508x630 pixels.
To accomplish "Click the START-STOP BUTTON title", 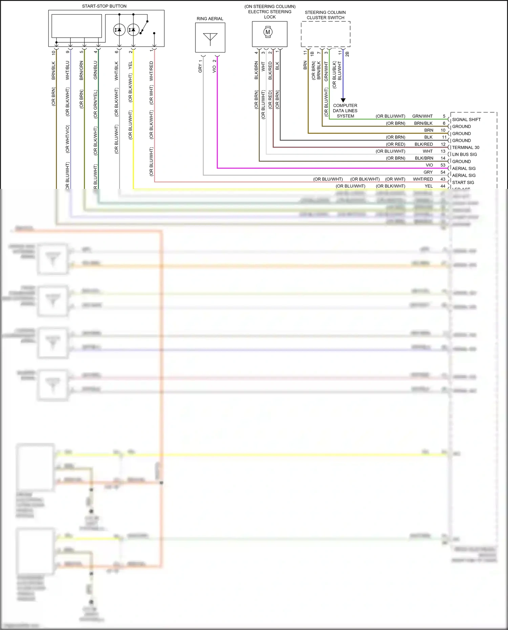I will pos(104,6).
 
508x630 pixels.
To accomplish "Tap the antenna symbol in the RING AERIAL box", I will pos(210,38).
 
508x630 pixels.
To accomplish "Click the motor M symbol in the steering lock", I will pos(268,32).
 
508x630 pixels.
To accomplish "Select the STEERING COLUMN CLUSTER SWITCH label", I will pos(325,15).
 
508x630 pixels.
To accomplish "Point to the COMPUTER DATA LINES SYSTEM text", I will pos(345,111).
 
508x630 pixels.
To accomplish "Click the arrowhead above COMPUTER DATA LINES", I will pos(343,100).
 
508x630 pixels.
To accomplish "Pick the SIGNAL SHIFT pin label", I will pos(466,120).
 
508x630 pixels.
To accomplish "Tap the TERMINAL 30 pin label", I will pos(465,147).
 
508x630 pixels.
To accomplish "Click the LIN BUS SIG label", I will pos(464,154).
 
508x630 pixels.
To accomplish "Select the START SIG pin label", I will pos(463,182).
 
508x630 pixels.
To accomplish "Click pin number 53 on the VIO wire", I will pos(443,165).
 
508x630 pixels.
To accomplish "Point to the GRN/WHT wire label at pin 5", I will pos(422,116).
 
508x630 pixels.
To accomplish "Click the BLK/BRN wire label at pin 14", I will pos(424,158).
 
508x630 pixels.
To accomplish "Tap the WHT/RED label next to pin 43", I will pos(423,179).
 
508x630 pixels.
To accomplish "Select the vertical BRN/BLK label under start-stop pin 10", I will pos(54,70).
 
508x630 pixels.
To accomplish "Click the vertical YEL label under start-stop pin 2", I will pos(130,66).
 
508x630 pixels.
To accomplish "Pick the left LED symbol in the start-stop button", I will pos(119,30).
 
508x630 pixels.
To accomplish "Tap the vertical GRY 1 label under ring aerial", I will pos(200,66).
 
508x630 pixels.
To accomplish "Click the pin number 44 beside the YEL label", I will pos(443,186).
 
